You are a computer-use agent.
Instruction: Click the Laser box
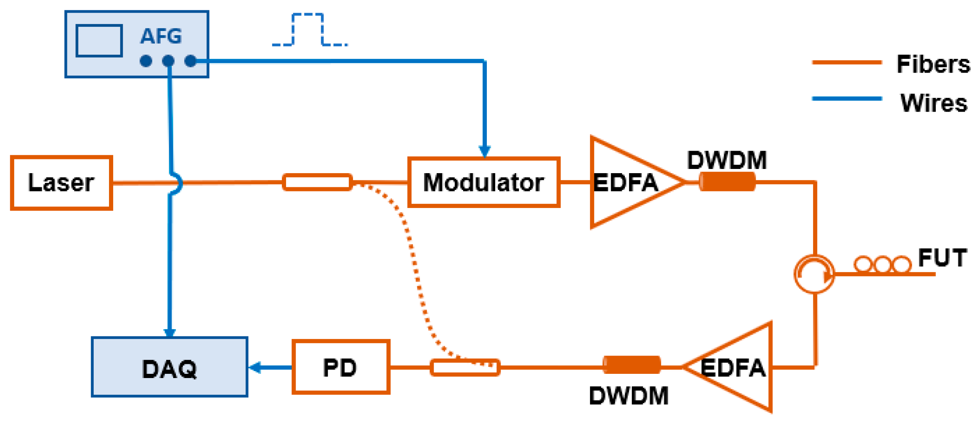point(61,182)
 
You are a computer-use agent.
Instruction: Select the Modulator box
point(483,182)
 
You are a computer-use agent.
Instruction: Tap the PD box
point(340,367)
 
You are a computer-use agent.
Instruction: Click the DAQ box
point(169,367)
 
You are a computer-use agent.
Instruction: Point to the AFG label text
point(161,36)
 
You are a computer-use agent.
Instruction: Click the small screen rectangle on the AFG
point(99,41)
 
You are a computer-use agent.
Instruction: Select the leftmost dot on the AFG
point(146,61)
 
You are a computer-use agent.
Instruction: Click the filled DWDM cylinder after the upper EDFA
point(727,182)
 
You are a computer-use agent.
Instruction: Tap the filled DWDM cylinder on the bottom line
point(631,365)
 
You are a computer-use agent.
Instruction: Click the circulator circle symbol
point(814,274)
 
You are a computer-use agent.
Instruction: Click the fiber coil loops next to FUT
point(882,264)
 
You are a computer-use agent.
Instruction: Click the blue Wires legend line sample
point(847,99)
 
